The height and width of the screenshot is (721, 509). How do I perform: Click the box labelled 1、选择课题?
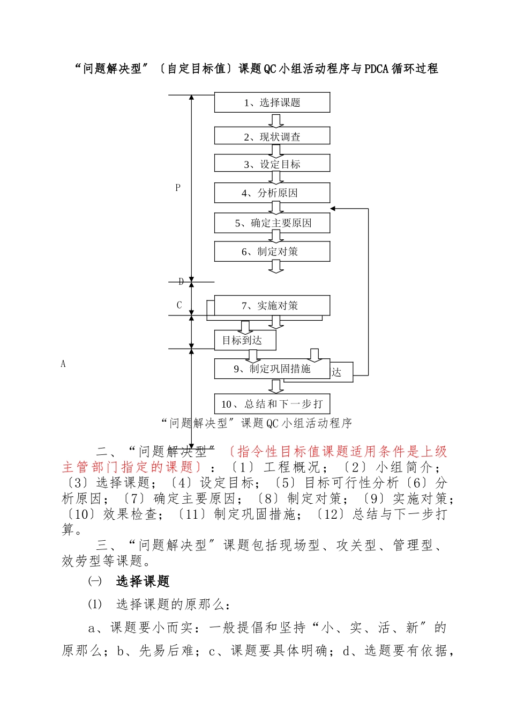pos(272,102)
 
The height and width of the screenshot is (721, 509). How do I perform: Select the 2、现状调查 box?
pos(272,136)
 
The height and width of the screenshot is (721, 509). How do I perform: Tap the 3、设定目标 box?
pos(272,164)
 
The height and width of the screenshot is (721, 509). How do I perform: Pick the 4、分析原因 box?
pos(272,193)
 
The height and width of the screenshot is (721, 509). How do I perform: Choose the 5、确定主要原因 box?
pos(272,223)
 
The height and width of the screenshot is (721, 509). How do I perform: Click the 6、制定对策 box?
pos(272,251)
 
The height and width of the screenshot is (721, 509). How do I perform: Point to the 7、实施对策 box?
pos(272,305)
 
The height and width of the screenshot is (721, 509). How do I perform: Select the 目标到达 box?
pos(245,340)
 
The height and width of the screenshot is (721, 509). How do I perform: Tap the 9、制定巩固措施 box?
pos(272,369)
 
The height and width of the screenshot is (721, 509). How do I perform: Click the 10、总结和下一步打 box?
pos(272,403)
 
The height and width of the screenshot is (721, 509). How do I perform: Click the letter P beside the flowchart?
pos(178,188)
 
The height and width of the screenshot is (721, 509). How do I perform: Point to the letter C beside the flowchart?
pos(179,305)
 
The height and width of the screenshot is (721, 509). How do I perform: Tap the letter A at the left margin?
pos(63,364)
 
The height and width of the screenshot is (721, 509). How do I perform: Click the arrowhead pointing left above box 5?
pos(333,208)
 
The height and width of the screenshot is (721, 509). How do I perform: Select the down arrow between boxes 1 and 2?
pos(276,120)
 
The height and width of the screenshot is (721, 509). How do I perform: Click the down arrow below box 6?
pos(276,267)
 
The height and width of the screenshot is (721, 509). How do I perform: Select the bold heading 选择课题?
pos(143,582)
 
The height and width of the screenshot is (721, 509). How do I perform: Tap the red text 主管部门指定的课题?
pos(128,467)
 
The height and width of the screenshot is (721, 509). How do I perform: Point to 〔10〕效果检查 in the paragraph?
pos(109,514)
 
